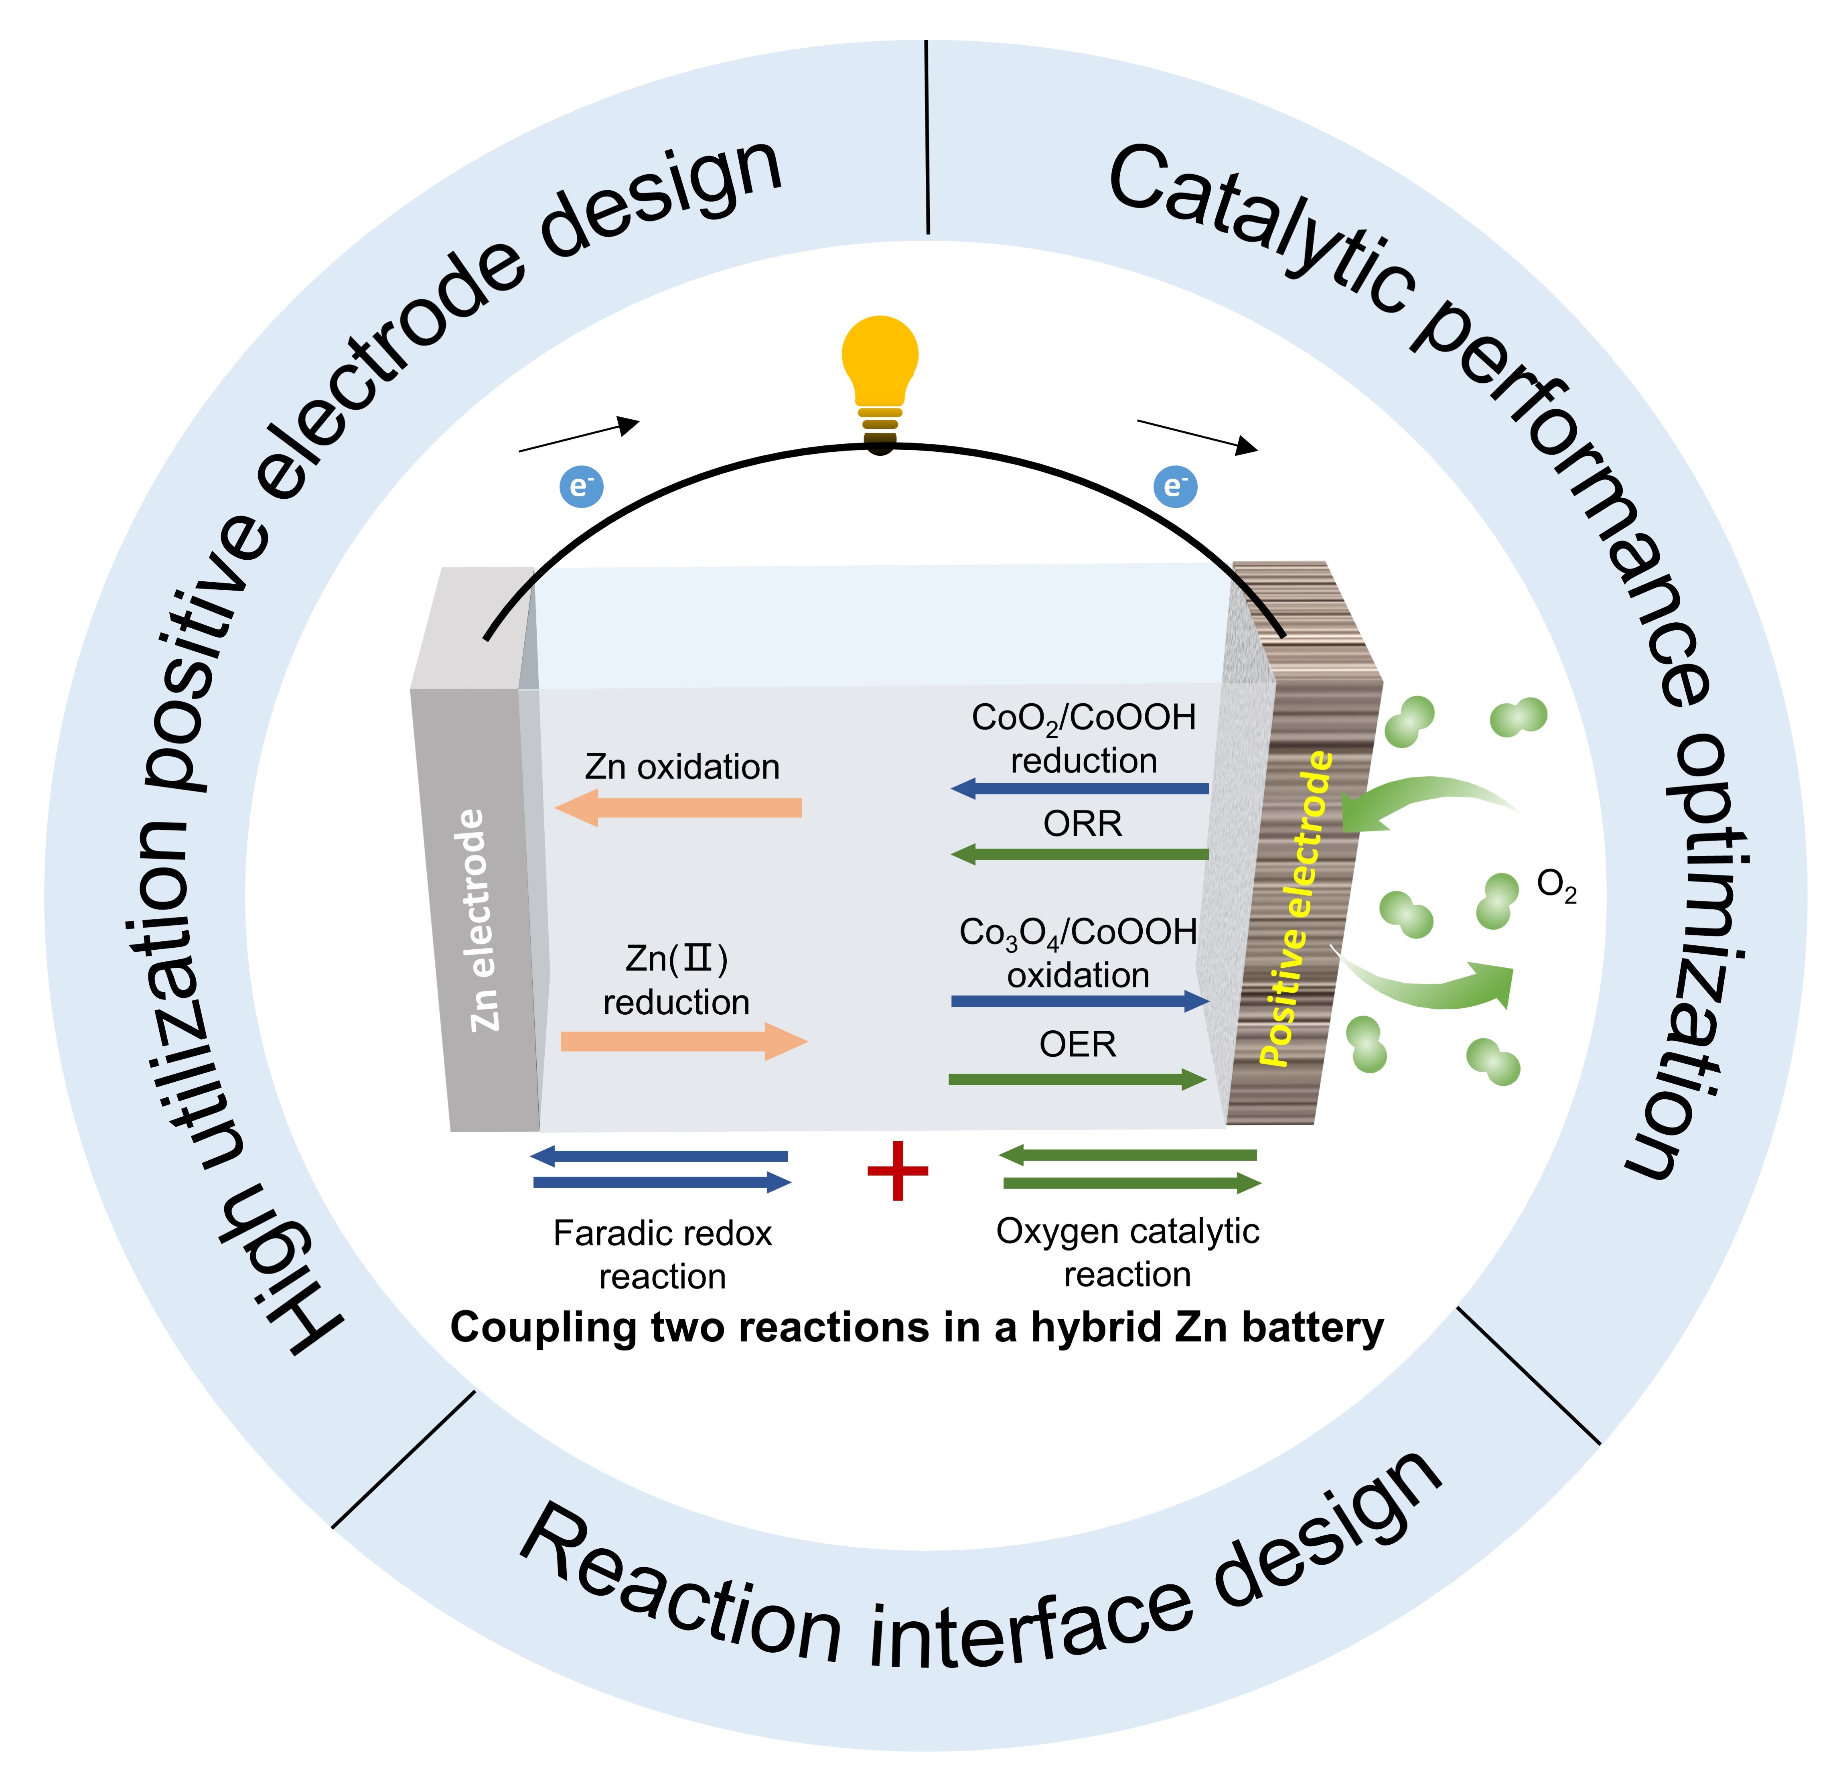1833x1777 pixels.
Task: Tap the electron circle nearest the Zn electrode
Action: pos(581,486)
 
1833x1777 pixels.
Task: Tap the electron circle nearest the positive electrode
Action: pos(1176,486)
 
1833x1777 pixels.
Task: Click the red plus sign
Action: pos(898,1171)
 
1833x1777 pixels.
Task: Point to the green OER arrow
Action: pos(1077,1080)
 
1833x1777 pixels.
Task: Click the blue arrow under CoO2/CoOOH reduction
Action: pos(1080,788)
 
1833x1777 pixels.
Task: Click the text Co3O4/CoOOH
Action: pos(1077,932)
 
